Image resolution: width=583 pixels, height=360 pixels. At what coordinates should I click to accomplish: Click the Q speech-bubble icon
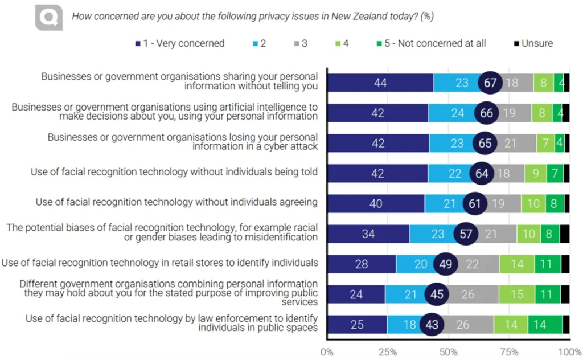coord(48,18)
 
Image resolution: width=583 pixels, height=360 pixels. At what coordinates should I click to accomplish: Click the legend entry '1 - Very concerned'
coord(180,43)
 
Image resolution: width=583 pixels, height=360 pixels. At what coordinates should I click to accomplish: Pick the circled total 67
coord(490,83)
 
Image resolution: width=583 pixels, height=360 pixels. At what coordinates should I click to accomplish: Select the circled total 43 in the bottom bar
coord(431,325)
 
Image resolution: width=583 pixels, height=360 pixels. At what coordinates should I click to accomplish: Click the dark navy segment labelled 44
coord(381,83)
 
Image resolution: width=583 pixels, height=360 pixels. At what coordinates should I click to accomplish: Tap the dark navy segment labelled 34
coord(369,234)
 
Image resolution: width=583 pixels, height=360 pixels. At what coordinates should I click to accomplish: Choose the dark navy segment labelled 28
coord(362,264)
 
